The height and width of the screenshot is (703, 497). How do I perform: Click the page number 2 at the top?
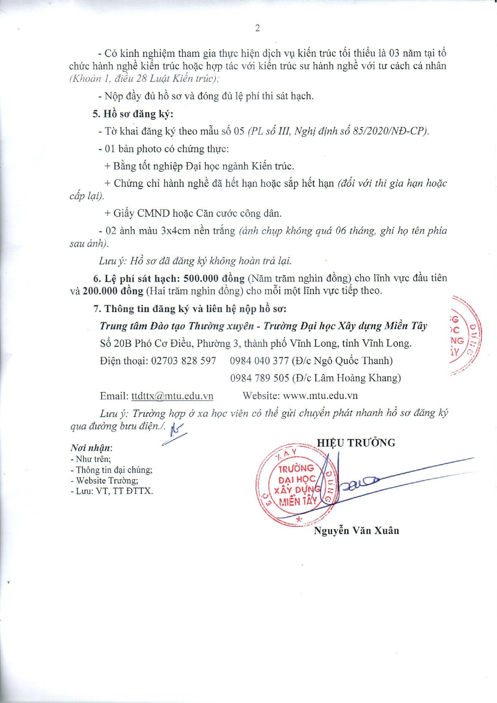(257, 28)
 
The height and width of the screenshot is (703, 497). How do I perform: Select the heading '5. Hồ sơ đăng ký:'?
(133, 114)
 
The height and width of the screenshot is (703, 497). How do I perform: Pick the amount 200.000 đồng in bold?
(113, 291)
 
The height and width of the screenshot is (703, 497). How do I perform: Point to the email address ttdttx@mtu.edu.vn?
(172, 396)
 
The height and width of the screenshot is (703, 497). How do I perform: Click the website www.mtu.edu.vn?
(320, 396)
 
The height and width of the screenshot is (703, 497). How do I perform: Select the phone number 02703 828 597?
(183, 361)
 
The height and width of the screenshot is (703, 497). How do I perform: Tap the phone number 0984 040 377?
(259, 361)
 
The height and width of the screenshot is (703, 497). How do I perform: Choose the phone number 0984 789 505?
(259, 378)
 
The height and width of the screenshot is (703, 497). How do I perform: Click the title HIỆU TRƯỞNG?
(356, 443)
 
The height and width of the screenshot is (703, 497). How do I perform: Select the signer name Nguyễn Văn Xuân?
(356, 531)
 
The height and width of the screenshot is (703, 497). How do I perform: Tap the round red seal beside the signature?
(296, 485)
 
